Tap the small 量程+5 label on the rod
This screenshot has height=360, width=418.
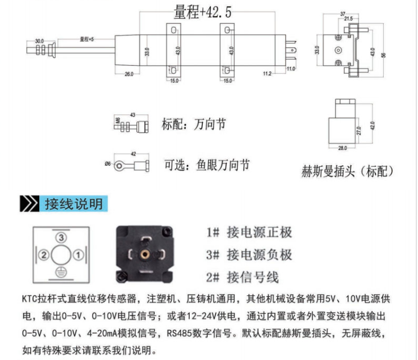point(87,40)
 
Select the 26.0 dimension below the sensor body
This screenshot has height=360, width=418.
point(128,75)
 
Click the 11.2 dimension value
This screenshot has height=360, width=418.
point(267,74)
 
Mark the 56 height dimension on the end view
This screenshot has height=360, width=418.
point(384,54)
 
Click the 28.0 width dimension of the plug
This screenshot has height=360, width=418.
point(342,148)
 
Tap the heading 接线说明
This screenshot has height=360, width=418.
point(74,203)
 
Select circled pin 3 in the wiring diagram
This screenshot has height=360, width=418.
point(59,238)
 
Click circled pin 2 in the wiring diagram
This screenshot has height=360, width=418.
point(43,255)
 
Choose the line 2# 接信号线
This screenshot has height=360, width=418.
point(242,277)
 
